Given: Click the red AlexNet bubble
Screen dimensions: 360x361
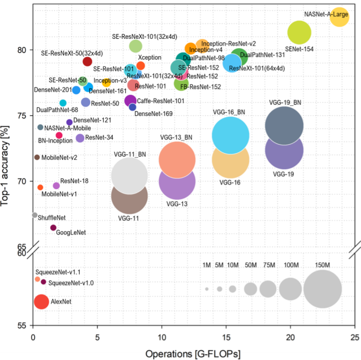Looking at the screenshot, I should coord(41,302).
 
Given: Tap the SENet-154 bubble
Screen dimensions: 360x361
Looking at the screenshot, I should coord(299,32).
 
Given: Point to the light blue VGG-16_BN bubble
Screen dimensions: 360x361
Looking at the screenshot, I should coord(230,135).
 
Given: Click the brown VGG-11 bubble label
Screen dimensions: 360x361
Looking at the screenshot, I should coord(128,218).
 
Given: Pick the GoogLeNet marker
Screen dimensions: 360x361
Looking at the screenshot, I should coord(53,227).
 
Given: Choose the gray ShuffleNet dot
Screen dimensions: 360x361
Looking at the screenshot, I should coord(35,215).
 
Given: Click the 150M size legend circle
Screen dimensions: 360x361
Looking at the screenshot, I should coord(322,289).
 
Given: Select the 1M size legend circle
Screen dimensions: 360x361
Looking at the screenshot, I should coord(207,289).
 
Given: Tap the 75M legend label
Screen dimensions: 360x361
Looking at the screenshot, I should coord(269,265).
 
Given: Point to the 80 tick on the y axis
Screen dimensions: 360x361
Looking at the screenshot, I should coord(22,50).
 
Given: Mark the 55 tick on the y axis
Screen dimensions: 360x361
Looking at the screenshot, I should coord(22,326).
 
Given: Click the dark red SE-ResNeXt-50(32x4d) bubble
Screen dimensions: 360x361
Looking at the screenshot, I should coord(87,62).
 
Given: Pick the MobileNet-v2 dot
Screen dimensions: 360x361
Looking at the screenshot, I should coord(37,157).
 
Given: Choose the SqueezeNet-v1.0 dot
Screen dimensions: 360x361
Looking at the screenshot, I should coord(43,282).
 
